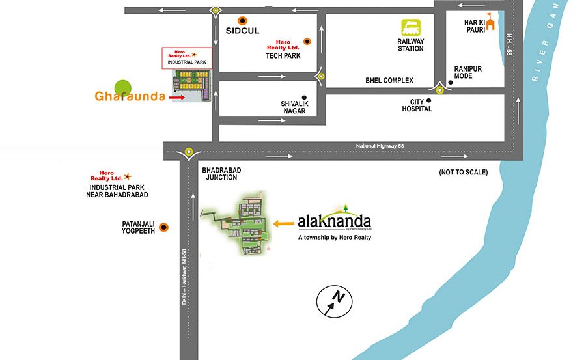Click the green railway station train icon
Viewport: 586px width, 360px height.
click(411, 28)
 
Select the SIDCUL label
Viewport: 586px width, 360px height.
click(243, 31)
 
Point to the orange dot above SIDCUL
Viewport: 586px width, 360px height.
click(243, 20)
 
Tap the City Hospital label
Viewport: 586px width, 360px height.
click(417, 105)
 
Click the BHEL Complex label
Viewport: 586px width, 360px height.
click(389, 81)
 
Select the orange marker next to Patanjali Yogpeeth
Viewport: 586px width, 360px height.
click(163, 227)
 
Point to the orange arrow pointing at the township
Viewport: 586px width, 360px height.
click(283, 223)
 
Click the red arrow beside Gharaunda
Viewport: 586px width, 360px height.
click(176, 98)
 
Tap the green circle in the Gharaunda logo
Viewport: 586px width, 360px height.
click(122, 88)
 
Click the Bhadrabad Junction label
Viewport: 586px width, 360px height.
click(223, 173)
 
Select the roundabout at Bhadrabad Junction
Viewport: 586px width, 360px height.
click(188, 153)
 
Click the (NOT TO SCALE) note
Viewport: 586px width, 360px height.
click(464, 173)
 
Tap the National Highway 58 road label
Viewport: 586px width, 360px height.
click(380, 145)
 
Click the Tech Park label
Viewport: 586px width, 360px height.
click(282, 56)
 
